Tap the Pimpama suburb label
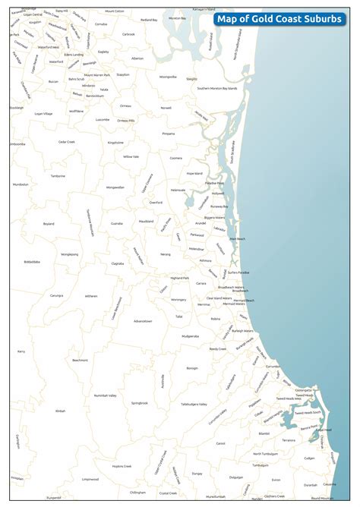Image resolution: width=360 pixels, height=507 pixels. pyautogui.click(x=169, y=134)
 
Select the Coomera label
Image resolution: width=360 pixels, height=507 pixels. pyautogui.click(x=175, y=158)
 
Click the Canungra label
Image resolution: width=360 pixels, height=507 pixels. pyautogui.click(x=58, y=295)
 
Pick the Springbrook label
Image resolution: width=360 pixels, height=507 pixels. pyautogui.click(x=140, y=403)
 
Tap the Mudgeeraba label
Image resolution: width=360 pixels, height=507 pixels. pyautogui.click(x=191, y=335)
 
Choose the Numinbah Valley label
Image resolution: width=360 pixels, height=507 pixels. pyautogui.click(x=105, y=395)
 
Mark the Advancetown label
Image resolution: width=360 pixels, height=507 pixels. pyautogui.click(x=143, y=321)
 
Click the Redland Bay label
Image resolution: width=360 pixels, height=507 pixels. pyautogui.click(x=150, y=20)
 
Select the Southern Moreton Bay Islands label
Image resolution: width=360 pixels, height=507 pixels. pyautogui.click(x=217, y=89)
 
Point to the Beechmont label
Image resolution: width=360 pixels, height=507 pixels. pyautogui.click(x=81, y=360)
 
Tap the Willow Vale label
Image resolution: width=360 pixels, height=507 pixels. pyautogui.click(x=131, y=156)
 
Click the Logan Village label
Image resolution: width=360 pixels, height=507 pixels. pyautogui.click(x=43, y=113)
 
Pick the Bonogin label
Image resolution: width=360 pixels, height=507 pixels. pyautogui.click(x=192, y=367)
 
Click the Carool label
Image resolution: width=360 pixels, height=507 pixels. pyautogui.click(x=220, y=443)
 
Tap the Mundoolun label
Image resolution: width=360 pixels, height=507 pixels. pyautogui.click(x=20, y=184)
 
